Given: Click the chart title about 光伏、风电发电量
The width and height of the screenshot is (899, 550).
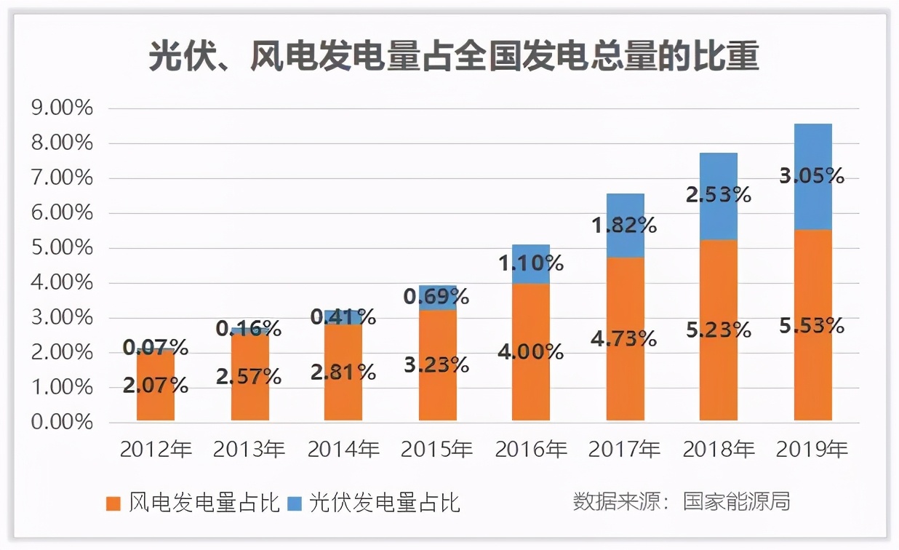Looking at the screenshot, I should [x=454, y=57].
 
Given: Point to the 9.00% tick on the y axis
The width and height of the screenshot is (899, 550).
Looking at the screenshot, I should [x=63, y=108].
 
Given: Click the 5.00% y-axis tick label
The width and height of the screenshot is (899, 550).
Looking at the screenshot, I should [x=63, y=248].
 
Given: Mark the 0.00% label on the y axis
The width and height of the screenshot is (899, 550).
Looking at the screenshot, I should [x=63, y=423].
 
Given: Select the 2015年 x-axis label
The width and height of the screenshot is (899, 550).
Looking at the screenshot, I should [x=437, y=450].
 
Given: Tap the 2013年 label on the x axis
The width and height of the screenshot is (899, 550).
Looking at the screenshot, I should [x=249, y=450].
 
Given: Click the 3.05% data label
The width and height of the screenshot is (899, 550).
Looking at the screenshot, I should [x=812, y=175].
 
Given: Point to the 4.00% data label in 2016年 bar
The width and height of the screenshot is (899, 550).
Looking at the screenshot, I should [x=531, y=352].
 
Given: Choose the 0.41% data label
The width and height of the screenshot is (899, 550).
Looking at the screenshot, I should [x=343, y=316].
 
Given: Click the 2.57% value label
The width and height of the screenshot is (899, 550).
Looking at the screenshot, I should [x=249, y=376].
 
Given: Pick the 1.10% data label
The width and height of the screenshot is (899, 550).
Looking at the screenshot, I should [x=531, y=263].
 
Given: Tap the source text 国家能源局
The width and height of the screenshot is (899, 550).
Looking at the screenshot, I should [x=736, y=502].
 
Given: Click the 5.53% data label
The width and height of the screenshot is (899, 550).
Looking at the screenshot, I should [x=812, y=325].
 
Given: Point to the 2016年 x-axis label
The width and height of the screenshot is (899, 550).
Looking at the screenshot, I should [x=531, y=450].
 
